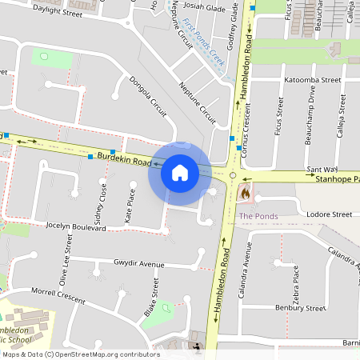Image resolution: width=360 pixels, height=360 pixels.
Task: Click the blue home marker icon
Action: [x=179, y=172]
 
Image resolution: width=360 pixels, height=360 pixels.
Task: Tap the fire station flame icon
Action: [x=245, y=193]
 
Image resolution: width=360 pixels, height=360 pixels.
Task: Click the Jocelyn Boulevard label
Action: [x=76, y=227]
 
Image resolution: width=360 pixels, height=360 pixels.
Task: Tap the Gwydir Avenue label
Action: [x=138, y=263]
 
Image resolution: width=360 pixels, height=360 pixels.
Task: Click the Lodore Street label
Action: [x=329, y=214]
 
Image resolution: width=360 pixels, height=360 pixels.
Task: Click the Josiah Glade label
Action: [x=205, y=7]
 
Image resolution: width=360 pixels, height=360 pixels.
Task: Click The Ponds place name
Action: [x=258, y=216]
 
